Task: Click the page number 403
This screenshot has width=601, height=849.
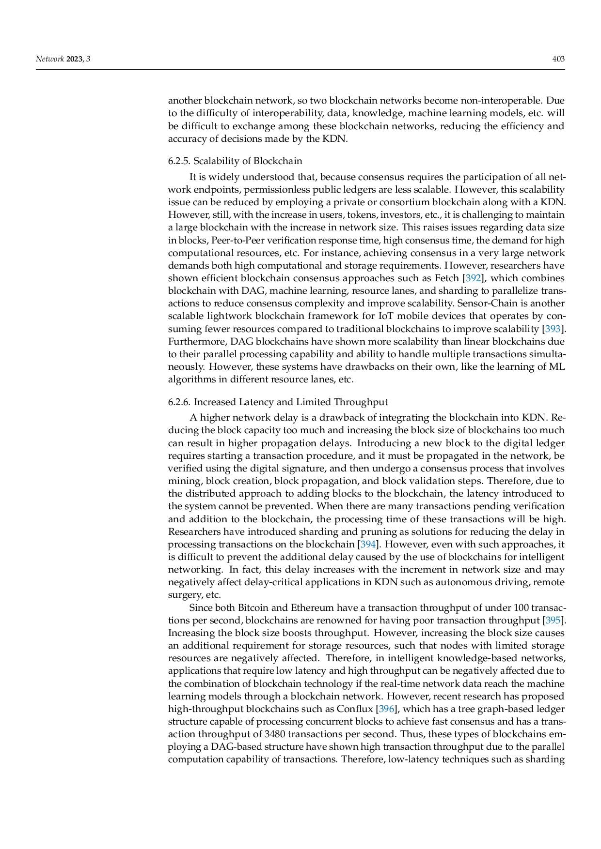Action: (x=558, y=59)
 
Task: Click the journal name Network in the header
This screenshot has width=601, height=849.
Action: (x=50, y=59)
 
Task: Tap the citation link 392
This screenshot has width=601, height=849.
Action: (x=473, y=278)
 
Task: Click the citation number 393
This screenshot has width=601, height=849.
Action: (x=553, y=329)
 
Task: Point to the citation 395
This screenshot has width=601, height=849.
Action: (x=553, y=621)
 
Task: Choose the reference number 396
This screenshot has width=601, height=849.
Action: (x=386, y=709)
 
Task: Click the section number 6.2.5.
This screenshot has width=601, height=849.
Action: (x=179, y=161)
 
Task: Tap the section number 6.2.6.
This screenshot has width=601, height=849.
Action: (x=179, y=402)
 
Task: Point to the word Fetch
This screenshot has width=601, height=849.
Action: (x=447, y=278)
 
